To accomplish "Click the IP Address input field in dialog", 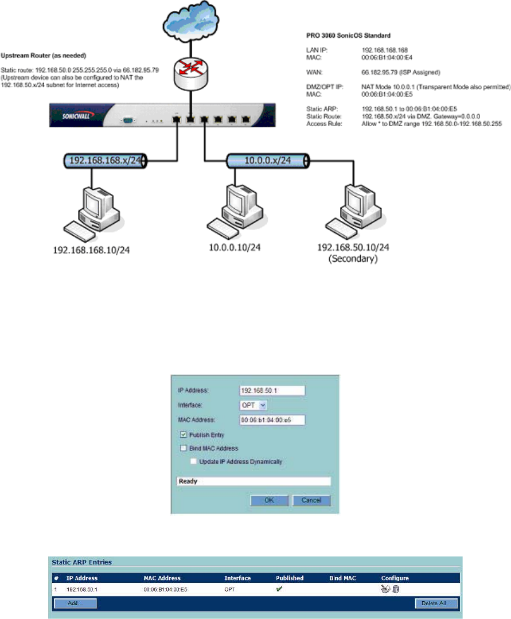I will [271, 390].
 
